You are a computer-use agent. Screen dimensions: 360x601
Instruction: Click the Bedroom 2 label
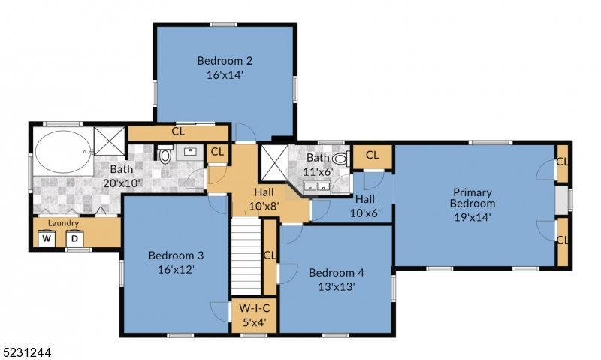(224, 61)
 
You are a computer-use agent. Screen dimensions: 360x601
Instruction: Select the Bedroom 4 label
(336, 272)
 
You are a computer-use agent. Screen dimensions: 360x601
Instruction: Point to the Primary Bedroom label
(473, 198)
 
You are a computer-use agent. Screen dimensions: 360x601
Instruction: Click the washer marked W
(47, 239)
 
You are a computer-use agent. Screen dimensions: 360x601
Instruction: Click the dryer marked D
(74, 239)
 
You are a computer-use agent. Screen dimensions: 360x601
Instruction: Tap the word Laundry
(63, 223)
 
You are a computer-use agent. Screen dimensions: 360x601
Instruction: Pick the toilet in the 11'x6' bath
(340, 159)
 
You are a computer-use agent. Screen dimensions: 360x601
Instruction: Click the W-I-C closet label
(251, 308)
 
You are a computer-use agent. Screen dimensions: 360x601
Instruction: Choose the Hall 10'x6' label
(365, 205)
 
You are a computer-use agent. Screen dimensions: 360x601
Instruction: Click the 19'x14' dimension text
(473, 218)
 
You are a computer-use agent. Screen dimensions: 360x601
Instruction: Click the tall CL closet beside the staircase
(269, 256)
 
